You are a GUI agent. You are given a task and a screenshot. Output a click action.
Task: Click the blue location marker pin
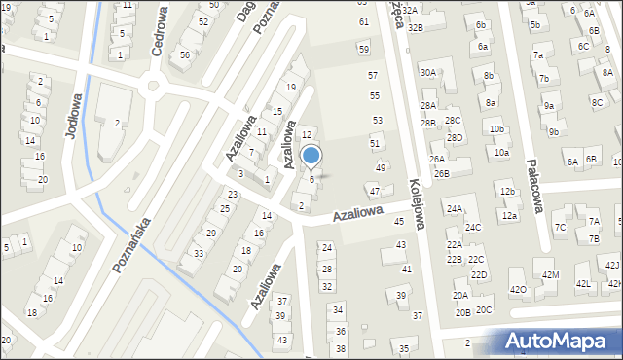[x=311, y=155]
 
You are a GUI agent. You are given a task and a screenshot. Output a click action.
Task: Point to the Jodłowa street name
[x=73, y=116]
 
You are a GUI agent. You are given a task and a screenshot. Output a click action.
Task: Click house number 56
[x=185, y=55]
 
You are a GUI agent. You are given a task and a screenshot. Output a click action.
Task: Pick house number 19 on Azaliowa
[x=290, y=88]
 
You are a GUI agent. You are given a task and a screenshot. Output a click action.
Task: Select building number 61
[x=364, y=21]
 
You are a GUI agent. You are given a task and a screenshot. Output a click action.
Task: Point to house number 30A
[x=427, y=72]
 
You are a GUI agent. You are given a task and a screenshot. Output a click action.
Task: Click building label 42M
[x=550, y=275]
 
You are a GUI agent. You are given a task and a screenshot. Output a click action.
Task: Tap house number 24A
[x=454, y=209]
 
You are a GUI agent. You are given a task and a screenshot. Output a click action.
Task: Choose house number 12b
[x=507, y=192]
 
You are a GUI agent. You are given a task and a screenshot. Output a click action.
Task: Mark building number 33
[x=198, y=253]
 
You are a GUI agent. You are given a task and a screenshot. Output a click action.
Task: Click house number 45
[x=398, y=222]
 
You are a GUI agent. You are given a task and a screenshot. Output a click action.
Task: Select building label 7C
[x=560, y=228]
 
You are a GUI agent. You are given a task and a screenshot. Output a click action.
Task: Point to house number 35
[x=404, y=347]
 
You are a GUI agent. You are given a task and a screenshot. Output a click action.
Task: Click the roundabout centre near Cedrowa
[x=152, y=87]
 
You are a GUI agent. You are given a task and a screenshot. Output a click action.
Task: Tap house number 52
[x=202, y=21]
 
